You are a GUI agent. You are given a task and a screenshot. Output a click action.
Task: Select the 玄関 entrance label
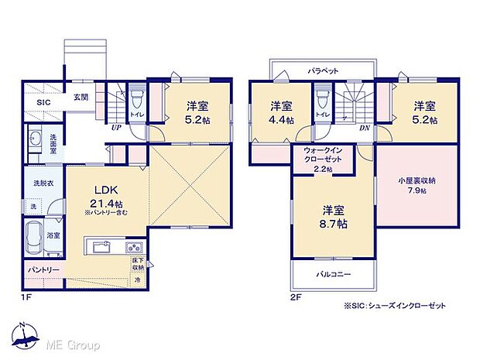(81, 98)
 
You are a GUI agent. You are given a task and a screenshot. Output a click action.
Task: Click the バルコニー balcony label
(334, 274)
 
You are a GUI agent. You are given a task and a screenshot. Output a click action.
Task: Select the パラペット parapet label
(323, 70)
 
